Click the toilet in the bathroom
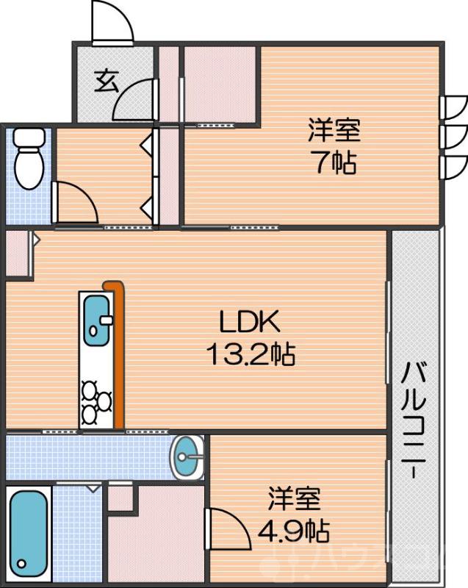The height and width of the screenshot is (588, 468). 29,157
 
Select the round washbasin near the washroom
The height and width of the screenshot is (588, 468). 189,456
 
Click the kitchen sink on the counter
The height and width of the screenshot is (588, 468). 95,319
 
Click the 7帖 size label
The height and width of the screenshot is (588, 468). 334,162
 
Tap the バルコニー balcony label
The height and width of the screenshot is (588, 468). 414,419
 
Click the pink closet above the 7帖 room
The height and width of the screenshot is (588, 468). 219,82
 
